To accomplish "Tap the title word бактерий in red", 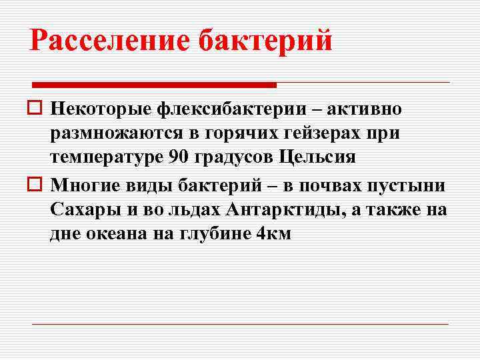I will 267,41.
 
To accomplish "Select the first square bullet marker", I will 36,109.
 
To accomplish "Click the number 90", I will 183,158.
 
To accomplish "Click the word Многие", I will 85,183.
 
